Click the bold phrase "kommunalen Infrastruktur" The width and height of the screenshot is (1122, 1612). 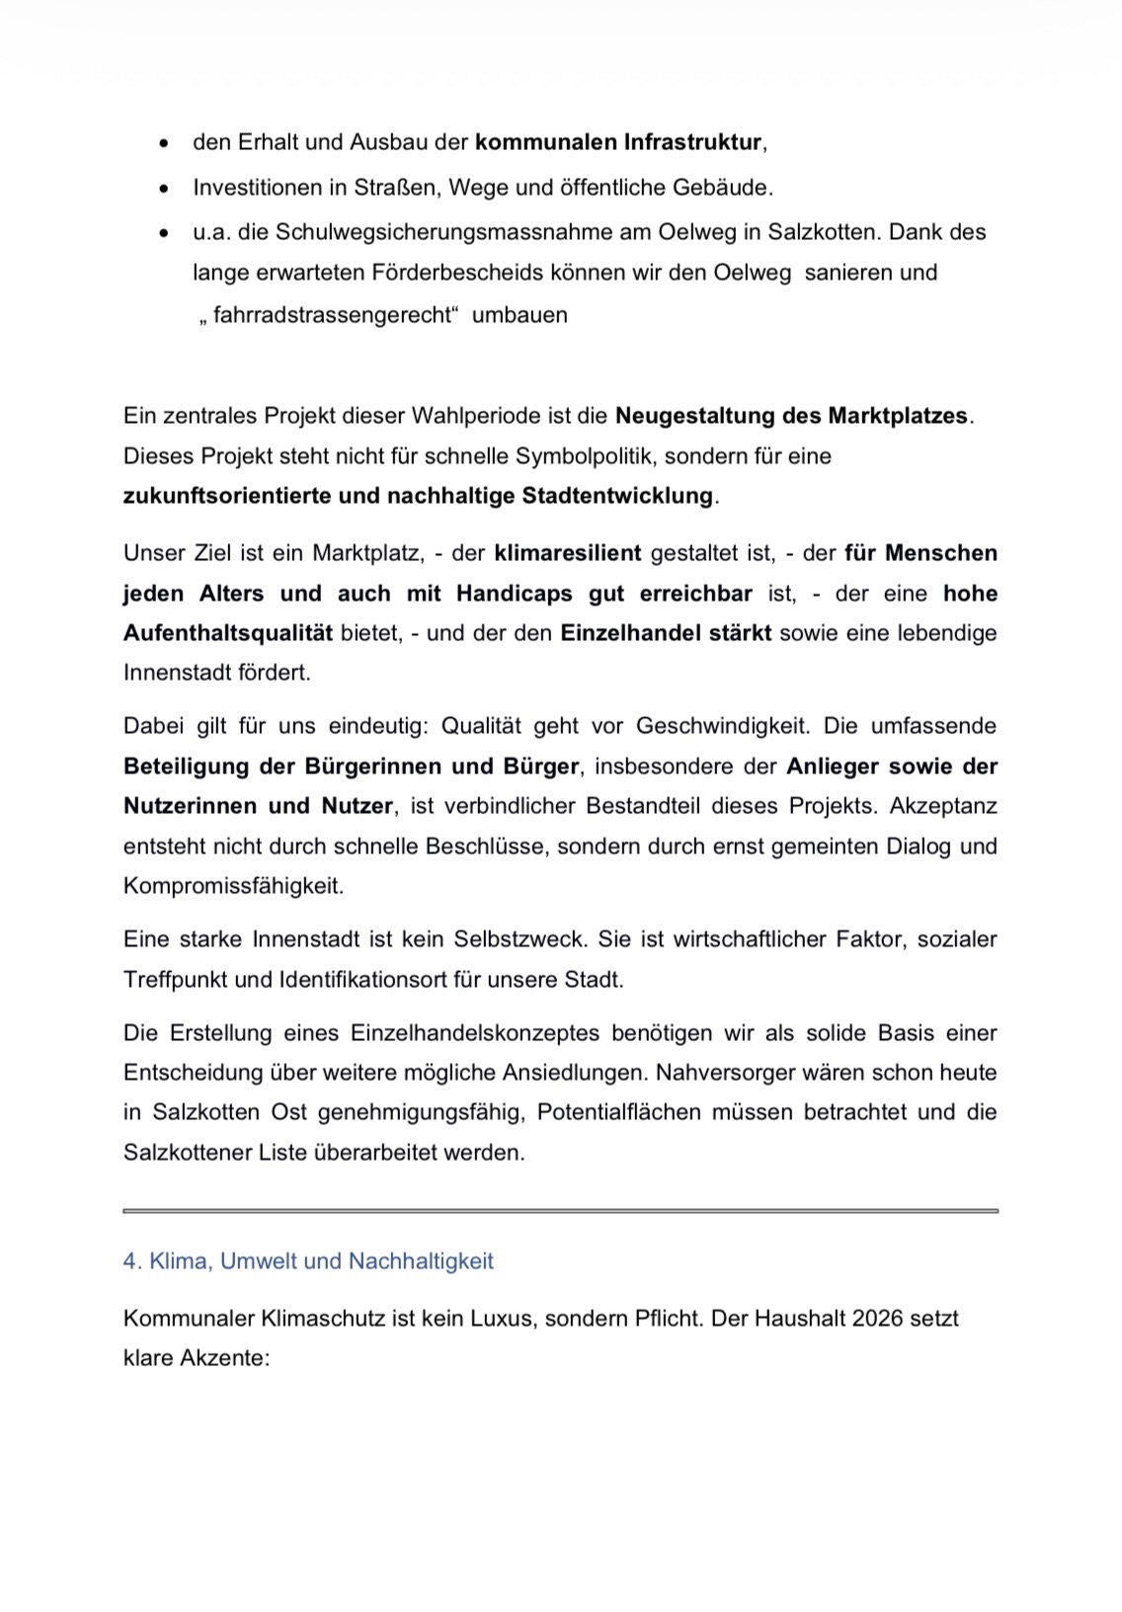point(618,142)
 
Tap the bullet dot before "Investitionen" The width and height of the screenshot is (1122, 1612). point(164,188)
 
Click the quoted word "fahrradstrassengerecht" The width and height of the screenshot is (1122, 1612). point(331,316)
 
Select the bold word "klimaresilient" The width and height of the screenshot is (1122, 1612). point(568,553)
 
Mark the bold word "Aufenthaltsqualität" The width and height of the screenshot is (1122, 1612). point(227,633)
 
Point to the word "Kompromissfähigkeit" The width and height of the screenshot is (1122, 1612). point(233,886)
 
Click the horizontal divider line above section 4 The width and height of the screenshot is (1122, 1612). point(560,1210)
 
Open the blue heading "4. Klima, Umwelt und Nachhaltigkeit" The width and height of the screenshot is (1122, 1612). point(308,1261)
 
